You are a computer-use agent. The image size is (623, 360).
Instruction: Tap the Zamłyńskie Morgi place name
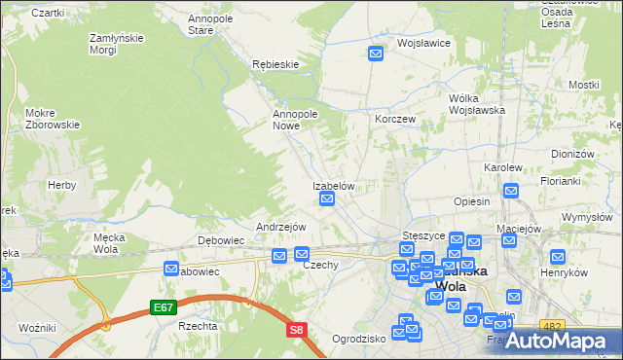pyautogui.click(x=117, y=44)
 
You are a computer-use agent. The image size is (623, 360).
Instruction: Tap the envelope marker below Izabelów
pyautogui.click(x=328, y=199)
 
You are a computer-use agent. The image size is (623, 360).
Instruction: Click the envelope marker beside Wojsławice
pyautogui.click(x=377, y=54)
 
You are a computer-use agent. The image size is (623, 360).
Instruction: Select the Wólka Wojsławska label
pyautogui.click(x=476, y=104)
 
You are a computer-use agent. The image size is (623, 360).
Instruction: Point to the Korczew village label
pyautogui.click(x=395, y=118)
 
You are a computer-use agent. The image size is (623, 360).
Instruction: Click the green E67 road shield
pyautogui.click(x=164, y=307)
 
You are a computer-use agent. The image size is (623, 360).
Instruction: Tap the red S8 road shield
pyautogui.click(x=297, y=331)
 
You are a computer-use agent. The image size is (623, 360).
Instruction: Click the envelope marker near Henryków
pyautogui.click(x=558, y=257)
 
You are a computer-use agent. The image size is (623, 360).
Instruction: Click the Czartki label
pyautogui.click(x=47, y=13)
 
